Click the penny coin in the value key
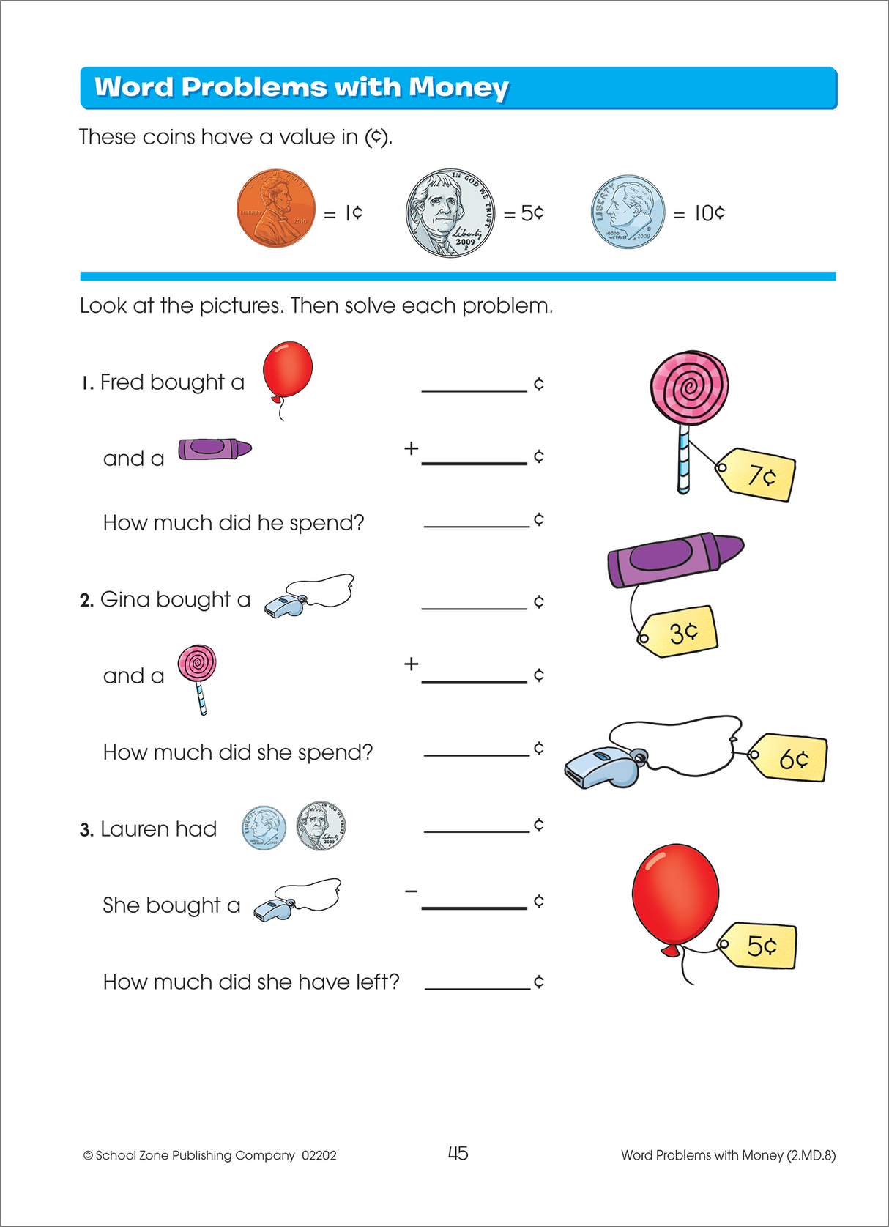pyautogui.click(x=276, y=209)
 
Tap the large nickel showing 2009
pyautogui.click(x=450, y=212)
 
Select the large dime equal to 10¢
pyautogui.click(x=628, y=212)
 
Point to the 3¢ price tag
pyautogui.click(x=680, y=631)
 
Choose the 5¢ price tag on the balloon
pyautogui.click(x=759, y=946)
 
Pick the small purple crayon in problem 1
pyautogui.click(x=214, y=448)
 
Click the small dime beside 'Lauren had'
pyautogui.click(x=264, y=828)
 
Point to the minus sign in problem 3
pyautogui.click(x=412, y=891)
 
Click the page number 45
pyautogui.click(x=458, y=1153)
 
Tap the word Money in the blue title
pyautogui.click(x=458, y=87)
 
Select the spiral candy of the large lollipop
pyautogui.click(x=689, y=388)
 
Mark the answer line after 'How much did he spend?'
pyautogui.click(x=476, y=525)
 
